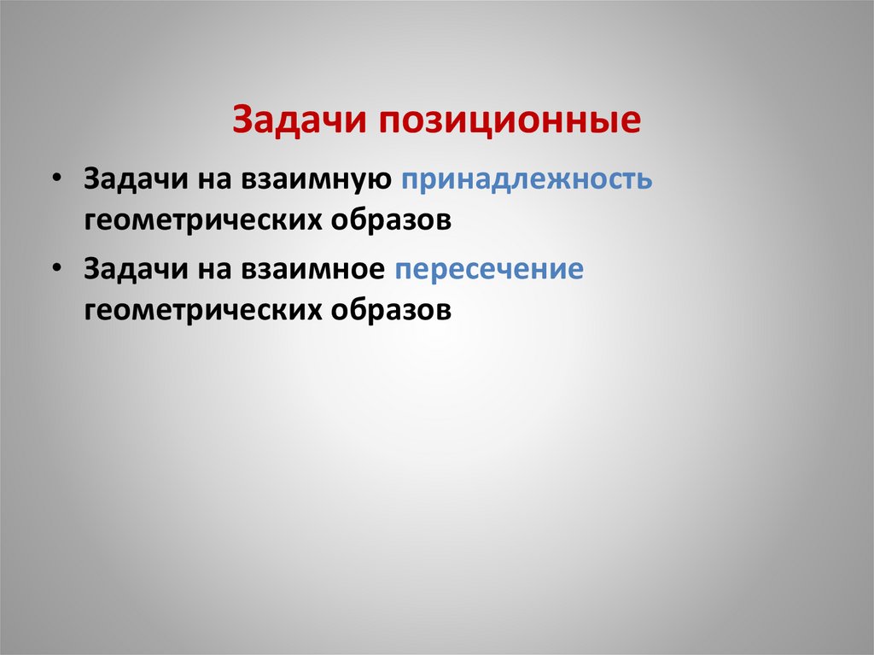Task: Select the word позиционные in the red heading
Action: point(504,120)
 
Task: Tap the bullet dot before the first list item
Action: point(55,178)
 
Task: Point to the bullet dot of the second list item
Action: point(55,267)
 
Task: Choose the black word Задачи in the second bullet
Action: point(131,269)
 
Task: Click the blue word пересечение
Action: point(488,269)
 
